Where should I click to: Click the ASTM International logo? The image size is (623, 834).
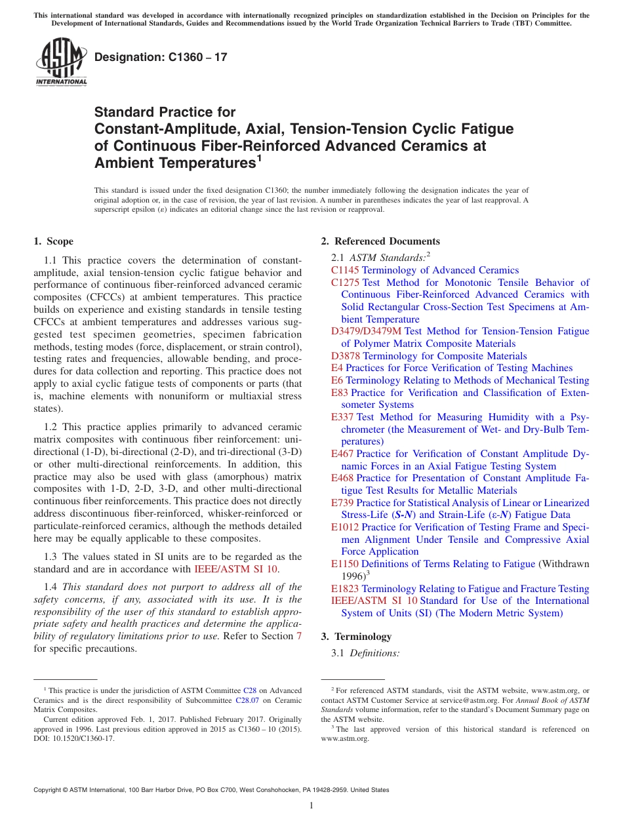61,62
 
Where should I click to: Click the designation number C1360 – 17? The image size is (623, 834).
161,57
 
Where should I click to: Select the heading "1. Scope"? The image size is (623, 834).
53,241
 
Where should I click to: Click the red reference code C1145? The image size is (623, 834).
345,270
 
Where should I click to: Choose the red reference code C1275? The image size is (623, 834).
345,283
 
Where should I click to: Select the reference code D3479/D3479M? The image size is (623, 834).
367,332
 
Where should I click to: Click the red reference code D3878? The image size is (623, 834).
346,356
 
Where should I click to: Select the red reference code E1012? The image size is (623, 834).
345,527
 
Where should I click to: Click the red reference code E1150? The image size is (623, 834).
345,564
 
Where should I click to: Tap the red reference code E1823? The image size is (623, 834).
345,589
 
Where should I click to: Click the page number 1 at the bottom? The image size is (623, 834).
311,805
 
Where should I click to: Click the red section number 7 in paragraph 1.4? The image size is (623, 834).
299,637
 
